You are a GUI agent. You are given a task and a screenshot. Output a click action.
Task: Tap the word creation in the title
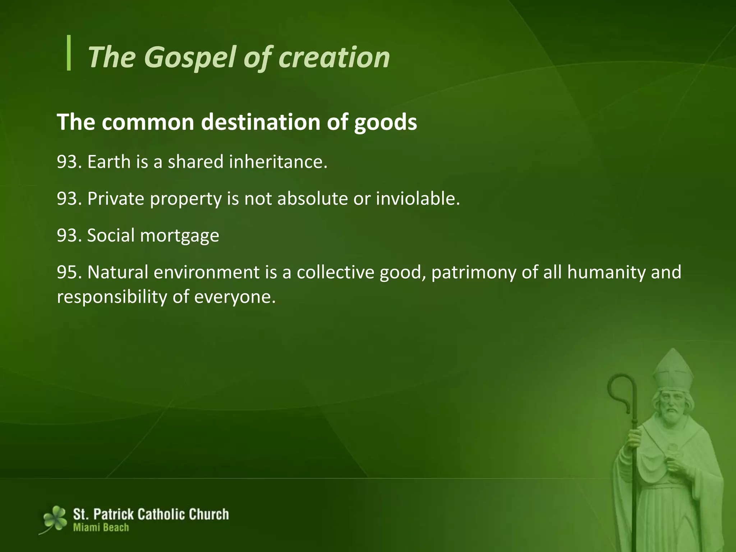pos(334,57)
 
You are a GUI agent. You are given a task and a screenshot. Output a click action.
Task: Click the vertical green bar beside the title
pos(69,53)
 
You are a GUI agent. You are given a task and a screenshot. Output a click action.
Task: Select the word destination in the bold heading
pos(261,122)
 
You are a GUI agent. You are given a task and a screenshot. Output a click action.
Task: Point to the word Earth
pos(109,162)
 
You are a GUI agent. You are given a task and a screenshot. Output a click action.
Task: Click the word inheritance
pos(278,162)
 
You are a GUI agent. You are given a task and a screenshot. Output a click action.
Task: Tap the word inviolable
pos(418,199)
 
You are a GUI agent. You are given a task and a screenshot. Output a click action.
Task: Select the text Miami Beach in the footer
pos(101,528)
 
